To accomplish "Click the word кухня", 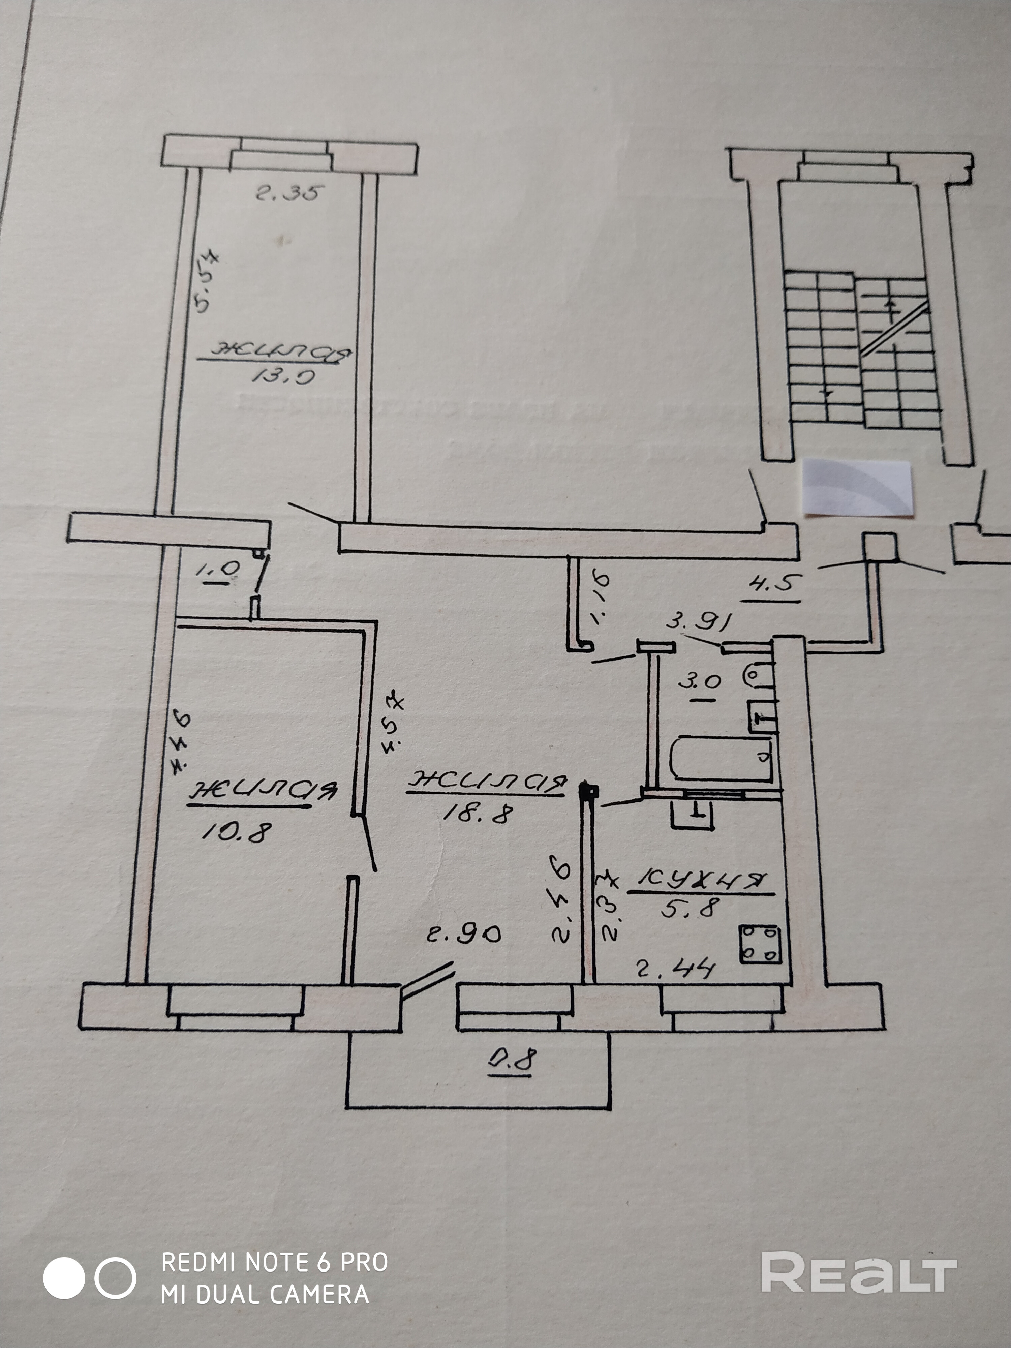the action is [700, 881].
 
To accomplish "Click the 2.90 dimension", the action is [464, 933].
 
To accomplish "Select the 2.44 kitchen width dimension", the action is [675, 968].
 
